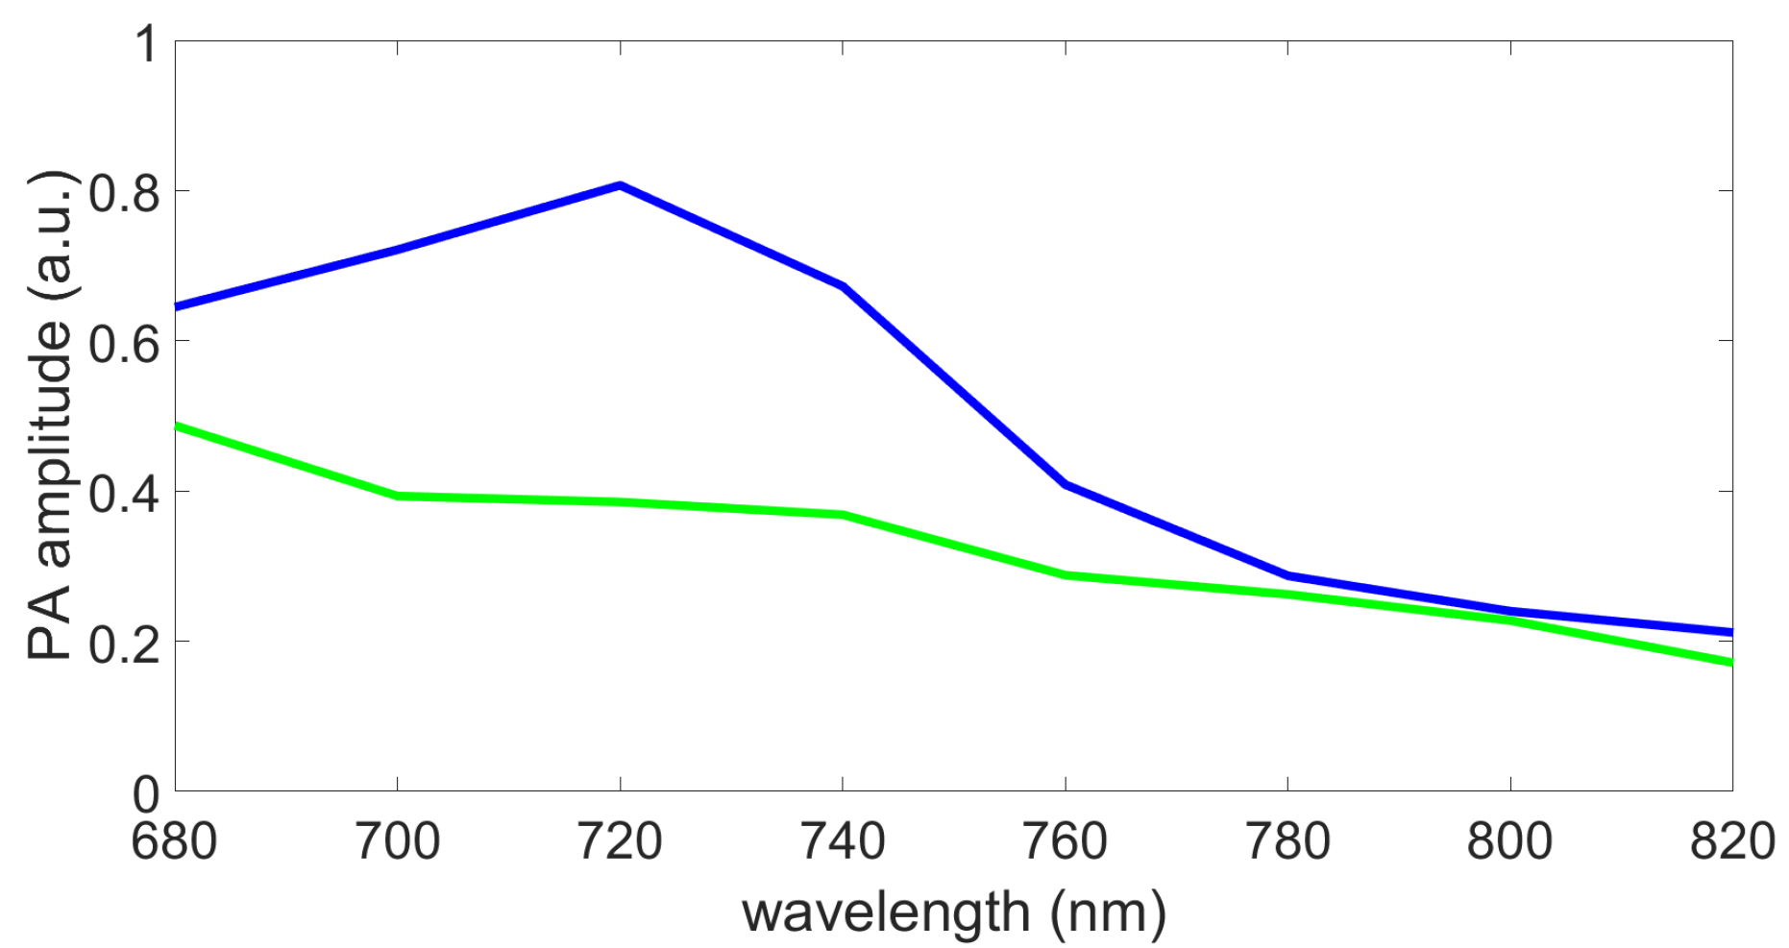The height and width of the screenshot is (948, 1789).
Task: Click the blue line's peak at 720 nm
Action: pyautogui.click(x=621, y=185)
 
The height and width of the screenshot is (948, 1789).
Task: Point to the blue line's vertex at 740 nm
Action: pyautogui.click(x=843, y=286)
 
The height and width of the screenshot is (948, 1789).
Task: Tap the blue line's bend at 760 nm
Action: pyautogui.click(x=1066, y=484)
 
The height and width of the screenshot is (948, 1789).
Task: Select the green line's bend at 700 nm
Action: pyautogui.click(x=398, y=496)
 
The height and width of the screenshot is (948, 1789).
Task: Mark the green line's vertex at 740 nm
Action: pyautogui.click(x=843, y=515)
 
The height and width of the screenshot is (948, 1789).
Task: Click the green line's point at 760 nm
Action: pyautogui.click(x=1066, y=574)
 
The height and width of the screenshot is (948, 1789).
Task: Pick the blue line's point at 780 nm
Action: pyautogui.click(x=1287, y=575)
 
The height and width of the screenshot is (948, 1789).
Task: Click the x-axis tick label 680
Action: pyautogui.click(x=174, y=842)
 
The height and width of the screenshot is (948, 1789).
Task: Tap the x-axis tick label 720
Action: pyautogui.click(x=620, y=842)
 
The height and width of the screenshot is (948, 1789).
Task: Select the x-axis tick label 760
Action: pyautogui.click(x=1065, y=842)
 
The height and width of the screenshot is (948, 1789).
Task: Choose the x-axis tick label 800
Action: pyautogui.click(x=1509, y=842)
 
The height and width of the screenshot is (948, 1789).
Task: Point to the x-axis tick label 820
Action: pyautogui.click(x=1731, y=842)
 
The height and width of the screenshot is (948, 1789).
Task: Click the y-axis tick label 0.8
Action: pyautogui.click(x=123, y=192)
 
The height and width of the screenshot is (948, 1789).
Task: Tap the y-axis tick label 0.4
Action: pyautogui.click(x=123, y=493)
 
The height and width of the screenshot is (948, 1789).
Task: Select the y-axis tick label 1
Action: pyautogui.click(x=146, y=44)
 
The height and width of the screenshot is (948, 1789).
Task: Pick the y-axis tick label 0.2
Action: pyautogui.click(x=123, y=643)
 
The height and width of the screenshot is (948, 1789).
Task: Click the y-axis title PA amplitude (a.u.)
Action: pyautogui.click(x=50, y=415)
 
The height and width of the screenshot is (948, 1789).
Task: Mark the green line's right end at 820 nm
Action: pyautogui.click(x=1729, y=662)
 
